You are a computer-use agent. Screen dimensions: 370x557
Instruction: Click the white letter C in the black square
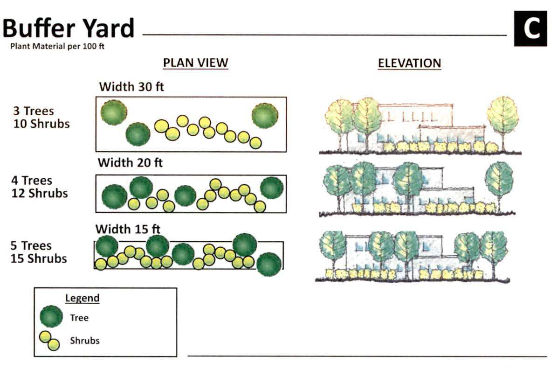[x=530, y=29]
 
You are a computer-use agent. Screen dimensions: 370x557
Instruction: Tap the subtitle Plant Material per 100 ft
[x=57, y=47]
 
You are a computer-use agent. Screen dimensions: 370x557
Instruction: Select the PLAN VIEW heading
[x=195, y=63]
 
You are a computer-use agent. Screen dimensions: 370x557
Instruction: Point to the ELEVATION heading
[x=409, y=63]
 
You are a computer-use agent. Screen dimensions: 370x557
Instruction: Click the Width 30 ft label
[x=131, y=87]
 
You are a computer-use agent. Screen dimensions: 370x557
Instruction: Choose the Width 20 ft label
[x=130, y=163]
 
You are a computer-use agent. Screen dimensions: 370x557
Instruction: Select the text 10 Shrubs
[x=41, y=124]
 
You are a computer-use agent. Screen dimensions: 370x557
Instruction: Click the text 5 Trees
[x=31, y=245]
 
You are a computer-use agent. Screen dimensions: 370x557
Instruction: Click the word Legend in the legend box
[x=82, y=298]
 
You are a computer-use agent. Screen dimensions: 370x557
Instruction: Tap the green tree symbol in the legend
[x=51, y=317]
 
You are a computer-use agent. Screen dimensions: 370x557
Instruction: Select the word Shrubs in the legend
[x=85, y=340]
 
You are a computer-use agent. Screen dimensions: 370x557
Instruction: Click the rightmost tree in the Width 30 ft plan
[x=265, y=115]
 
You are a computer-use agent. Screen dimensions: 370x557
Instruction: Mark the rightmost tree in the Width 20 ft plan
[x=272, y=188]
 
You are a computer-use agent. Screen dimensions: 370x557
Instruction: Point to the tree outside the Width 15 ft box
[x=269, y=264]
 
